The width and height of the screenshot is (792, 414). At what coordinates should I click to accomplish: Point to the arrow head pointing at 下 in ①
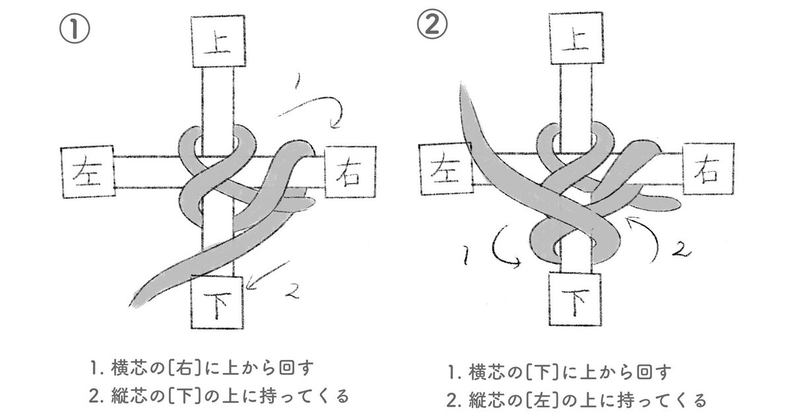pyautogui.click(x=253, y=286)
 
